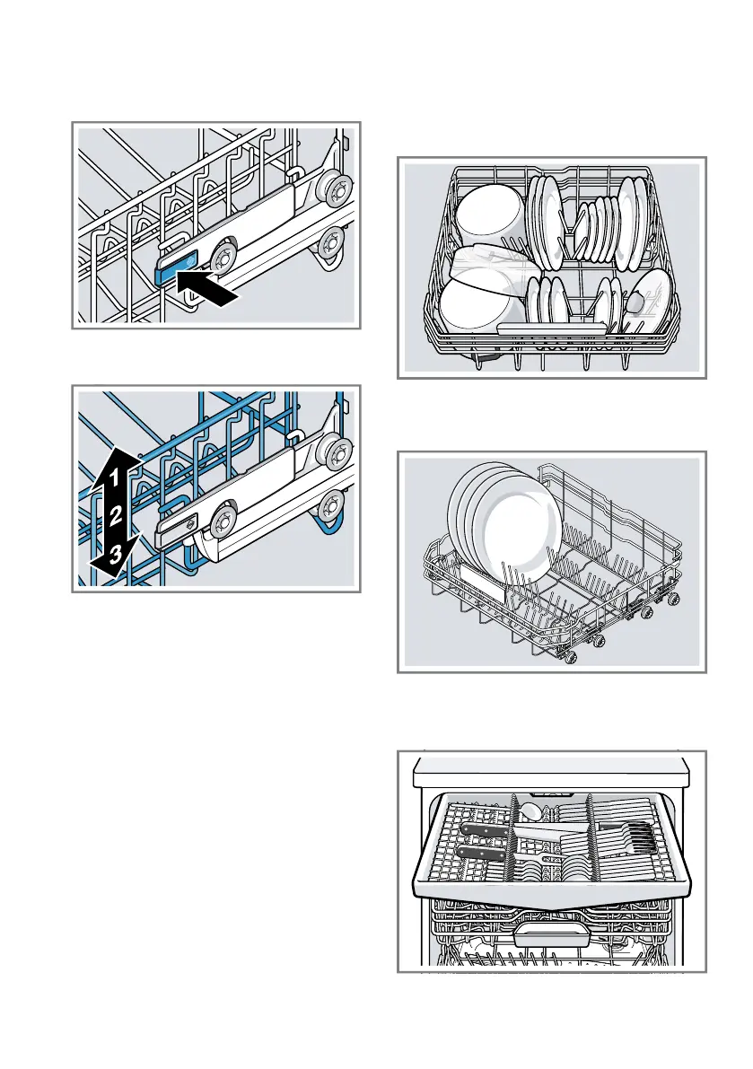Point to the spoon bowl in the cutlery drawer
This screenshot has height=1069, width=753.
[x=531, y=812]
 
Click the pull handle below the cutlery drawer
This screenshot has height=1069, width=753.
[x=550, y=937]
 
